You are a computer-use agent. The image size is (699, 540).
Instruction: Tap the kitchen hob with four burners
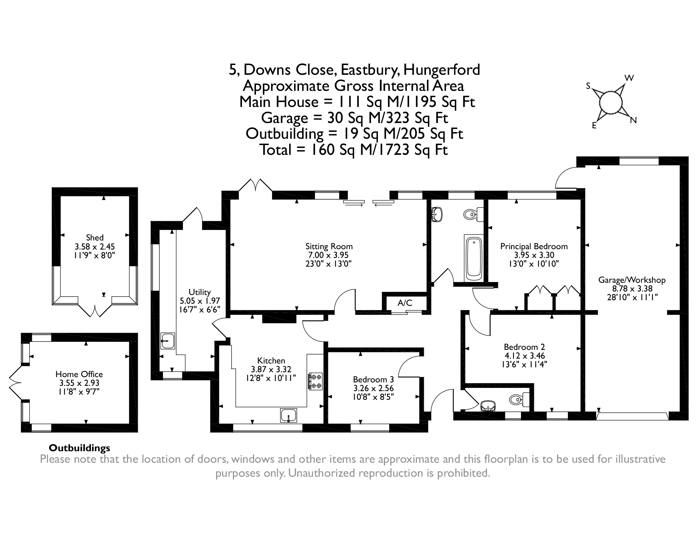tap(315, 381)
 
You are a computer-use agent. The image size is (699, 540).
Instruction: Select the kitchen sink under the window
tap(288, 416)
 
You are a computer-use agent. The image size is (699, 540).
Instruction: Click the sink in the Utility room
tap(168, 340)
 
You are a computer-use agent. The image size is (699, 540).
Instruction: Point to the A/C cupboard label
tap(405, 303)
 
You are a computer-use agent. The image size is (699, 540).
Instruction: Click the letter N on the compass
tap(633, 121)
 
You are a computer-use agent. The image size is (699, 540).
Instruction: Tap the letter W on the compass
tap(629, 78)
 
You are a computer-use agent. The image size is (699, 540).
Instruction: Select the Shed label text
tap(95, 238)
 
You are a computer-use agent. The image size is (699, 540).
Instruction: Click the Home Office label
tap(79, 374)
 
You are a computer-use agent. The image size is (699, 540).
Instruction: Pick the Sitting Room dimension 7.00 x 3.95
tap(327, 255)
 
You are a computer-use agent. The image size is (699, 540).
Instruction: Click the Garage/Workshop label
tap(632, 280)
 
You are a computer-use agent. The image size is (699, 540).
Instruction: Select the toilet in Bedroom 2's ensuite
tap(518, 399)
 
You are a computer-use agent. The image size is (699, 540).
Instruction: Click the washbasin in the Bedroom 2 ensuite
tap(488, 406)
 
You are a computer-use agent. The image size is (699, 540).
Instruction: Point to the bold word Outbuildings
tap(79, 448)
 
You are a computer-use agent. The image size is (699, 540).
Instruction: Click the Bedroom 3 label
tap(373, 380)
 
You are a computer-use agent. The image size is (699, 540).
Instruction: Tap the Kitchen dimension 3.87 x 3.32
tap(271, 369)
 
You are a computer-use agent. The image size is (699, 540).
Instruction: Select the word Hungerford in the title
tap(442, 70)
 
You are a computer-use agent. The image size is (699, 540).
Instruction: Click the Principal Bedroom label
tap(534, 246)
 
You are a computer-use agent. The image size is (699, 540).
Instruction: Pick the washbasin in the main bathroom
tap(437, 214)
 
